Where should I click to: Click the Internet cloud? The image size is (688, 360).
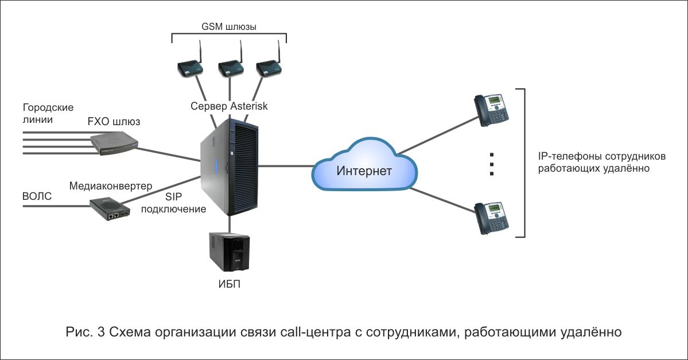pyautogui.click(x=364, y=165)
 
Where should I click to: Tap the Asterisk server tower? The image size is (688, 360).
pyautogui.click(x=230, y=167)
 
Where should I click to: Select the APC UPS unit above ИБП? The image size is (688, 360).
pyautogui.click(x=230, y=251)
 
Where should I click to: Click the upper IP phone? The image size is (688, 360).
pyautogui.click(x=491, y=110)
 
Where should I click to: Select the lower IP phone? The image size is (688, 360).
pyautogui.click(x=492, y=218)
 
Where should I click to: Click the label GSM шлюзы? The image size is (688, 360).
pyautogui.click(x=229, y=27)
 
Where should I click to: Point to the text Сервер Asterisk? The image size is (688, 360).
pyautogui.click(x=229, y=106)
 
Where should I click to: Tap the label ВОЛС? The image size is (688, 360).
pyautogui.click(x=37, y=196)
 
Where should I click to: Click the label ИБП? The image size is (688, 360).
pyautogui.click(x=230, y=284)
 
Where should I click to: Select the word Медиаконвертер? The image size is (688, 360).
pyautogui.click(x=111, y=185)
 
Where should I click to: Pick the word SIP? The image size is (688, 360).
pyautogui.click(x=174, y=197)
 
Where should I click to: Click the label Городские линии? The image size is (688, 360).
pyautogui.click(x=48, y=113)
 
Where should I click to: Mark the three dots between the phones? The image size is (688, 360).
pyautogui.click(x=492, y=164)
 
